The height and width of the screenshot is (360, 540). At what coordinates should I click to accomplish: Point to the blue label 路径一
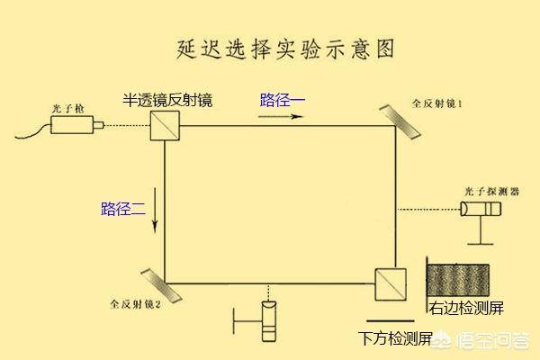[x=281, y=100]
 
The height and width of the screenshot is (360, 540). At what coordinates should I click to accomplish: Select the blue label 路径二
[x=123, y=209]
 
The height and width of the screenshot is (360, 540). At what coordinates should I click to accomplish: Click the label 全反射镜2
[x=135, y=304]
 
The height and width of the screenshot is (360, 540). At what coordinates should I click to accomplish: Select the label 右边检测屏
[x=466, y=308]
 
